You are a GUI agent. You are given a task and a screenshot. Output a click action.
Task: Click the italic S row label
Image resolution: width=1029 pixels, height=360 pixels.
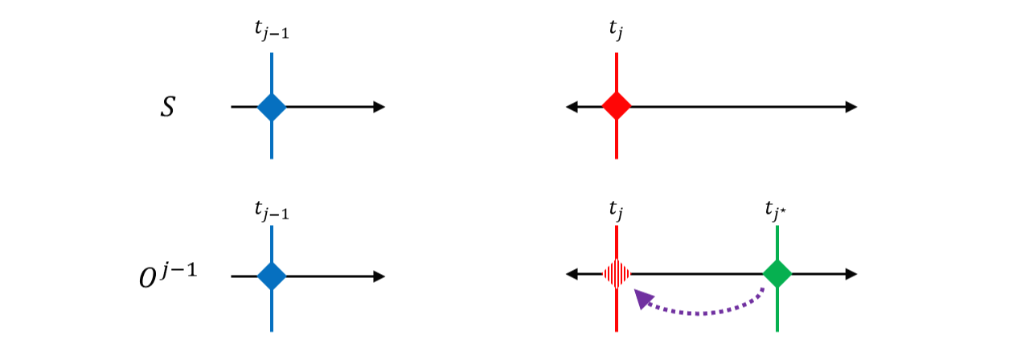coord(168,107)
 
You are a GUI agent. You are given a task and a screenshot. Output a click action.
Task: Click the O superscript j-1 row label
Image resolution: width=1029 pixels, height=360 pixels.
coord(168,276)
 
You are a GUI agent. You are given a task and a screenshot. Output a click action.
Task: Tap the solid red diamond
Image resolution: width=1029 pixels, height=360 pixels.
coord(617,107)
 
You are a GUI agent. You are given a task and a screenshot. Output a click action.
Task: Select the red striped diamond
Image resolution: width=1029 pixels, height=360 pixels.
coord(617,274)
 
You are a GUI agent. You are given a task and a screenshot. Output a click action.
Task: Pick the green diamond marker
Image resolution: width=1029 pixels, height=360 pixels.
coord(777,274)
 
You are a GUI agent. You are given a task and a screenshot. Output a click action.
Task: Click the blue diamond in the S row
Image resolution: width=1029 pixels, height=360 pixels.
coord(272,107)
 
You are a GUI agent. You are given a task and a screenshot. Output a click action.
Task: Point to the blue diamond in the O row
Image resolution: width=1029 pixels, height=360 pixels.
coord(272,276)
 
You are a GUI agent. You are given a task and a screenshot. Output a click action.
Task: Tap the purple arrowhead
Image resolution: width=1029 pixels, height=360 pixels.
coord(642,298)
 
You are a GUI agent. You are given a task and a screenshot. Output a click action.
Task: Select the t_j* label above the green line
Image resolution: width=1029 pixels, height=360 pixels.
coord(777,211)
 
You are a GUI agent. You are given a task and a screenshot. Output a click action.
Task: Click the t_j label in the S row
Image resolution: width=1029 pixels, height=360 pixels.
coord(616,30)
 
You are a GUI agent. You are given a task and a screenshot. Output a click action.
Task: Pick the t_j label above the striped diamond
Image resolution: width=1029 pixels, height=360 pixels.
coord(616,211)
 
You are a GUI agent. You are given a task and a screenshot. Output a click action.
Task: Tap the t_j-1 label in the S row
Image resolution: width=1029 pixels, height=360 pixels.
coord(272,31)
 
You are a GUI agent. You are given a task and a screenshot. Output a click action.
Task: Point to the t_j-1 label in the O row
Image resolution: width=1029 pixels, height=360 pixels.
coord(272,211)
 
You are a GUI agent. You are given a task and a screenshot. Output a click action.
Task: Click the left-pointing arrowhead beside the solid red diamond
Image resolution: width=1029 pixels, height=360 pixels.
coord(572,107)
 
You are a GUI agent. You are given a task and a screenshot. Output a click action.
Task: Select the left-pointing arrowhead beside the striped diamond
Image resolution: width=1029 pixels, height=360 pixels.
coord(572,274)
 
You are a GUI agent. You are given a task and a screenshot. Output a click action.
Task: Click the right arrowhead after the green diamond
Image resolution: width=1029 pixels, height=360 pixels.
coord(851,274)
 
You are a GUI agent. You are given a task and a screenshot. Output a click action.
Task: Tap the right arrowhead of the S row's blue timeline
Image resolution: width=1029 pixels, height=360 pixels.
coord(379,107)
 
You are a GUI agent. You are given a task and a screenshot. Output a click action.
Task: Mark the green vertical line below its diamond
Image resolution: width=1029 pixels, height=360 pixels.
coord(777,310)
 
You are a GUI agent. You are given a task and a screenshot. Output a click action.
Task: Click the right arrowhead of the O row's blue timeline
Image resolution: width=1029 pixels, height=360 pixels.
coord(379,276)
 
